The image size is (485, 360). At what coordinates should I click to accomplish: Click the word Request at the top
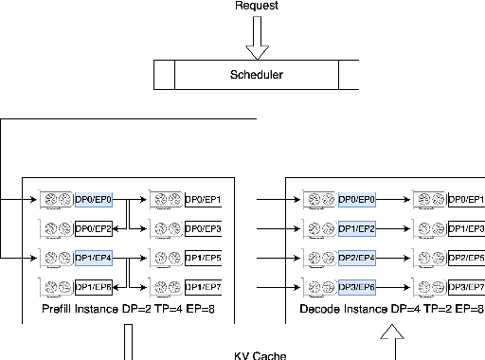(x=256, y=6)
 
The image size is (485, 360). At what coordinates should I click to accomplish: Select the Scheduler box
(x=256, y=75)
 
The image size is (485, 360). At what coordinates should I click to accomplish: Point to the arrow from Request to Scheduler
(x=256, y=39)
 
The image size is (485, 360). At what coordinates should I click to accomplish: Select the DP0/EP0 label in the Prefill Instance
(x=94, y=200)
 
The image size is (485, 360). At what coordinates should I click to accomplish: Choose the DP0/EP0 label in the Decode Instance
(x=357, y=200)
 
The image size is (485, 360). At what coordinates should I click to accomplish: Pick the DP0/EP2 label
(x=94, y=229)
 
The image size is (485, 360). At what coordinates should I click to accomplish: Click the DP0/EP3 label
(x=203, y=229)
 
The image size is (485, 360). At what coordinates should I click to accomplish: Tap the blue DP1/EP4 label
(x=94, y=258)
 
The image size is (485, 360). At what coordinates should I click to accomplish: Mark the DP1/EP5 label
(x=203, y=258)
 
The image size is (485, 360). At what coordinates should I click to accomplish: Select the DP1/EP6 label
(x=94, y=287)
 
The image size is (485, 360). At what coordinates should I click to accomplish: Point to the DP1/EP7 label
(x=203, y=287)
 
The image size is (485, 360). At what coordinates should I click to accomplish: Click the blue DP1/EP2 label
(x=357, y=229)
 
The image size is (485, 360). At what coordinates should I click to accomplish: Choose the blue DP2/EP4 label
(x=357, y=258)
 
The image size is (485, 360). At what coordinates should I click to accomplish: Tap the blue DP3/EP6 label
(x=357, y=287)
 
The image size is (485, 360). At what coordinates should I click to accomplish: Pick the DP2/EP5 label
(x=465, y=258)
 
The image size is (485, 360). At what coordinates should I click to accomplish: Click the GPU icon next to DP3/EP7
(x=428, y=287)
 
